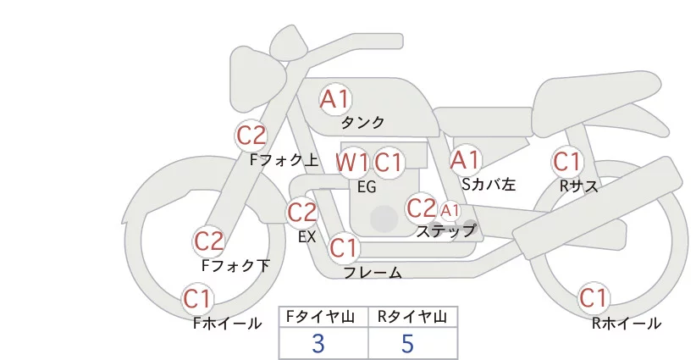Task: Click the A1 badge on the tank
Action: coord(335,99)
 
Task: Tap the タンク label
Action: coord(362,122)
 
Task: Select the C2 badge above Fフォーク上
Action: coord(251,135)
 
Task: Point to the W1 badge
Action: coord(352,162)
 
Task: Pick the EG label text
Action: coord(367,186)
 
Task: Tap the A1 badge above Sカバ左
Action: coord(465,159)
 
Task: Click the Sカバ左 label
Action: coord(489,183)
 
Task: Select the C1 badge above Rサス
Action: coord(566,161)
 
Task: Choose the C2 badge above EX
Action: coord(302,213)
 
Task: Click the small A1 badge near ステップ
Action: coord(450,210)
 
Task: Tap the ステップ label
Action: coord(445,230)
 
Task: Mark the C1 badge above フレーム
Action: coord(344,248)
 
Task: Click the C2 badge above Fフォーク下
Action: coord(208,241)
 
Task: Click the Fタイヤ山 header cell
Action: coord(323,318)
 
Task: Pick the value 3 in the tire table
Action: coord(318,344)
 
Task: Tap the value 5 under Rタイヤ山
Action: coord(407,344)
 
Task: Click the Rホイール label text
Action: coord(627,323)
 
